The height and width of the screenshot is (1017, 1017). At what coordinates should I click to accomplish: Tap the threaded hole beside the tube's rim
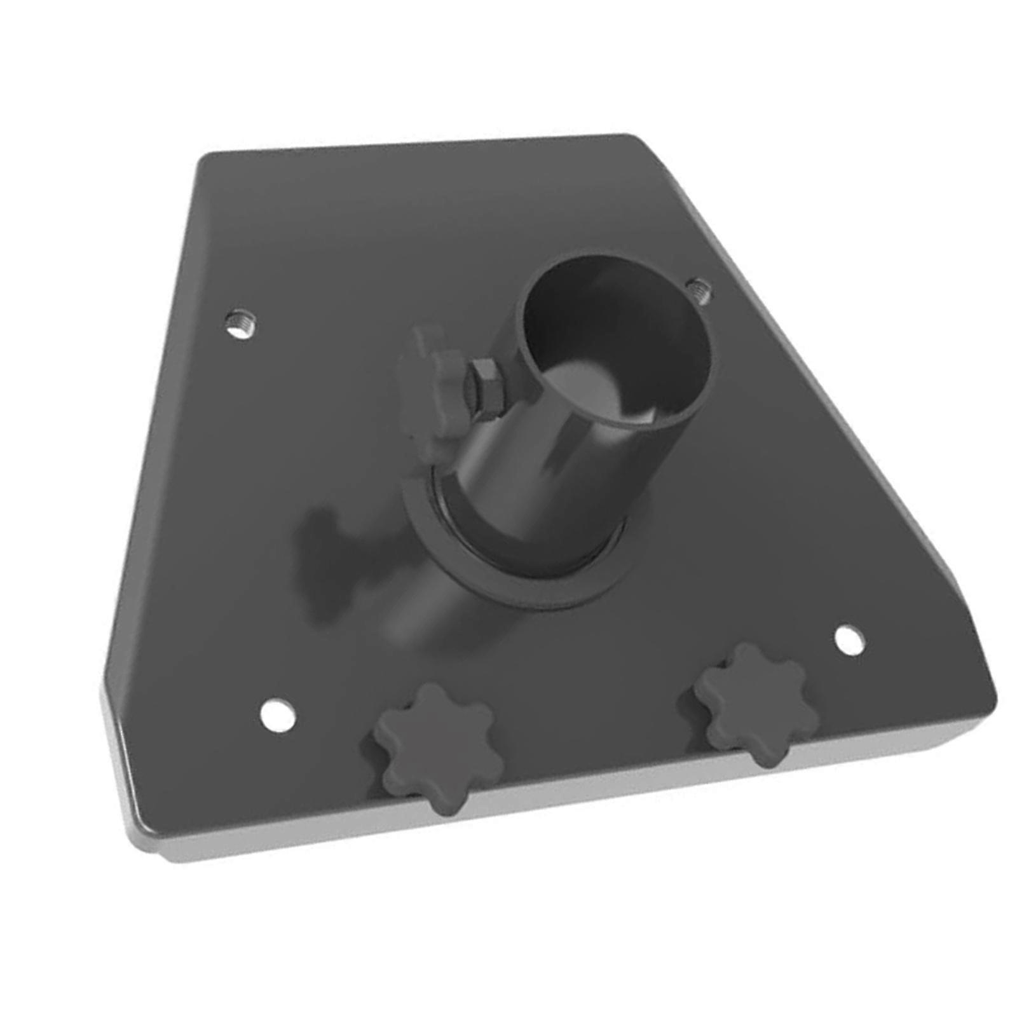pyautogui.click(x=699, y=290)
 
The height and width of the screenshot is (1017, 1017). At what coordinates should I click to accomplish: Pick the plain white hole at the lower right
pyautogui.click(x=849, y=640)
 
